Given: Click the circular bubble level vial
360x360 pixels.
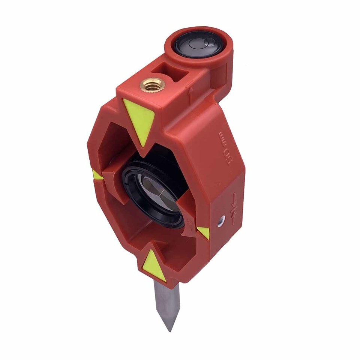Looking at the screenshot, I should coord(199,44).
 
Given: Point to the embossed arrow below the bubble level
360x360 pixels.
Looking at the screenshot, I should coord(191,95).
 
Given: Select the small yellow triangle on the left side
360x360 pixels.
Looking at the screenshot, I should coord(97,175).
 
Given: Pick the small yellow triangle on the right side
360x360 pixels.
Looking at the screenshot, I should coord(204,232).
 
